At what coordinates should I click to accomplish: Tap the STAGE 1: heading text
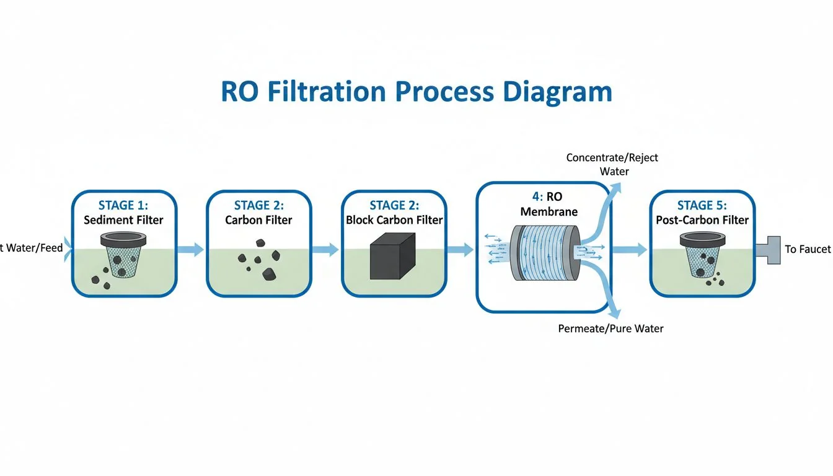point(124,205)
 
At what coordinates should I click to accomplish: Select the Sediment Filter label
point(124,220)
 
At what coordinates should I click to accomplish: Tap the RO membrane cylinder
point(540,254)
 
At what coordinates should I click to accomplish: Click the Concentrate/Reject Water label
point(612,164)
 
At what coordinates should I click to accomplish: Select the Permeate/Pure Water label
point(610,328)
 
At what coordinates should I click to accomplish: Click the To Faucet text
point(807,249)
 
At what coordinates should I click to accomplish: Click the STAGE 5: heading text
point(702,205)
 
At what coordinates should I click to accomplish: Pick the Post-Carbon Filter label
point(702,220)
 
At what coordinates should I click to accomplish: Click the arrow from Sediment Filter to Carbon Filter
point(192,250)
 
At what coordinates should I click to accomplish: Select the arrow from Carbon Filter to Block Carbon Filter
point(326,250)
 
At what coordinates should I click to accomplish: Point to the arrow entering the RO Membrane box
point(461,250)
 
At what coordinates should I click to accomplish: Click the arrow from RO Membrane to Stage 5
point(629,250)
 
